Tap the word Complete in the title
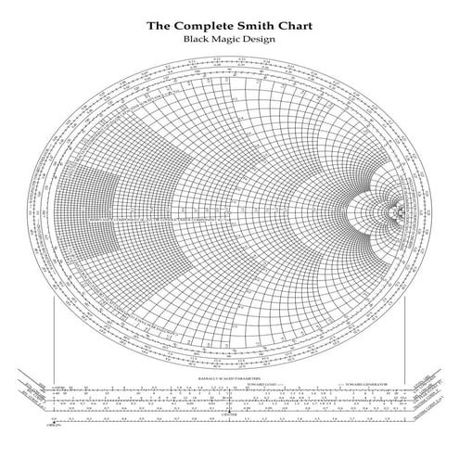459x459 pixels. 207,26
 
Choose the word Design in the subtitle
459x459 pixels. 261,40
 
